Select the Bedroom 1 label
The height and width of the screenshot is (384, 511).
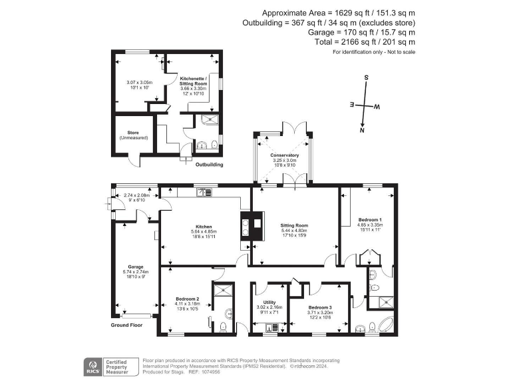pyautogui.click(x=370, y=219)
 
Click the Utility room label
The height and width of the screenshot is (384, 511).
pyautogui.click(x=269, y=302)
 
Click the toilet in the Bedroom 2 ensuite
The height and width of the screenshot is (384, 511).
pyautogui.click(x=222, y=326)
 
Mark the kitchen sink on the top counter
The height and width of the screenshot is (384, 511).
pyautogui.click(x=204, y=193)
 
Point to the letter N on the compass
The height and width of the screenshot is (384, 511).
pyautogui.click(x=362, y=131)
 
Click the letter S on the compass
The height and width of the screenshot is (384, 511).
pyautogui.click(x=366, y=77)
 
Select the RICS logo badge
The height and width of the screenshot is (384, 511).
pyautogui.click(x=92, y=365)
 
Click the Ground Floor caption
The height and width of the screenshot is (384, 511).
pyautogui.click(x=126, y=325)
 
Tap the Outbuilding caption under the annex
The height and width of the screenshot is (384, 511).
pyautogui.click(x=208, y=165)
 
